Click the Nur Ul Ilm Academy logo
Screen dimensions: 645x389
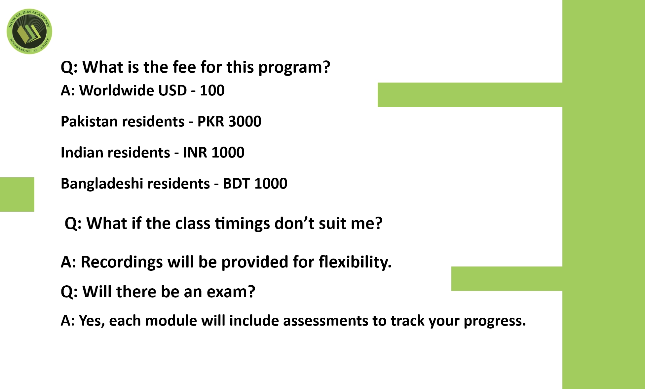[29, 31]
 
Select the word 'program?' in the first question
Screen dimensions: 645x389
[294, 68]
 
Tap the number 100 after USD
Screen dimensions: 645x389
[212, 90]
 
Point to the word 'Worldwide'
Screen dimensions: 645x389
[117, 90]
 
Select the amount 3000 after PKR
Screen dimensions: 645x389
[245, 122]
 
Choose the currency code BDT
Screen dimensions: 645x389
[236, 184]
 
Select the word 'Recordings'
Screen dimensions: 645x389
[122, 263]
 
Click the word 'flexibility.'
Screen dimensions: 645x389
[355, 262]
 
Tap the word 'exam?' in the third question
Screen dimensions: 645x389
[231, 292]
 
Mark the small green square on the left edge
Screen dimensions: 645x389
[17, 194]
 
